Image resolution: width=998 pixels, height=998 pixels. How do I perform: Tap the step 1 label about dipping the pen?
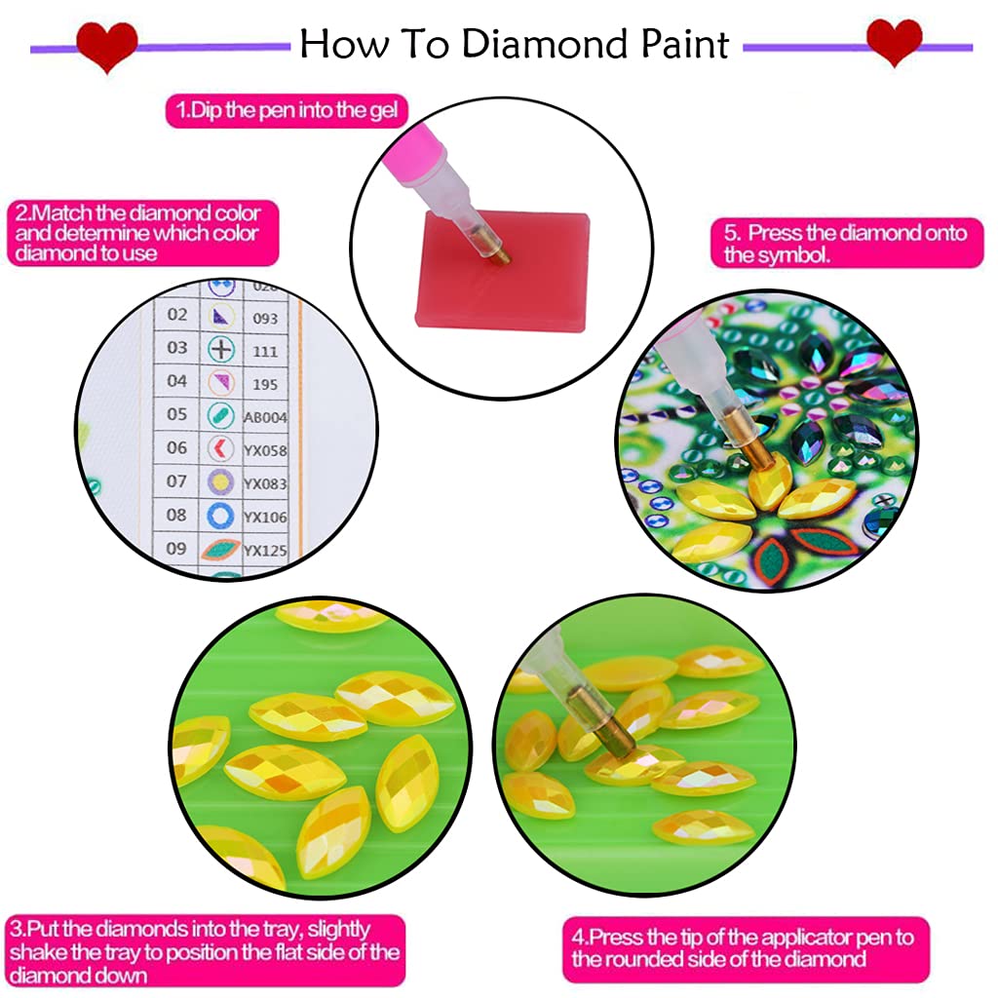coord(287,109)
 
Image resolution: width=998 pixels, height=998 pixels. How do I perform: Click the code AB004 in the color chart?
coord(265,417)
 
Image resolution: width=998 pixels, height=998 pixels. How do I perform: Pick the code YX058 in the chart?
coord(265,450)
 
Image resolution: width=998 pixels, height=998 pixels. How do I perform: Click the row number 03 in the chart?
coord(176,348)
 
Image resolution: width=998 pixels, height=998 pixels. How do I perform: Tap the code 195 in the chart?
coord(264,383)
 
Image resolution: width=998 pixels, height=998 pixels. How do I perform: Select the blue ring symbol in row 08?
coord(221,515)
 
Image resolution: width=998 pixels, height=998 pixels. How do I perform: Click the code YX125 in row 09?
coord(265,551)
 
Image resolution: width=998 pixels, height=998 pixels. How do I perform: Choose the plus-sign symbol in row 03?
coord(222,349)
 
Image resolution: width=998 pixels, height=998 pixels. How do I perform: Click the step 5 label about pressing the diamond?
coord(844,244)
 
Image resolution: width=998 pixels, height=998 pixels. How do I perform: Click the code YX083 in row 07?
coord(265,483)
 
